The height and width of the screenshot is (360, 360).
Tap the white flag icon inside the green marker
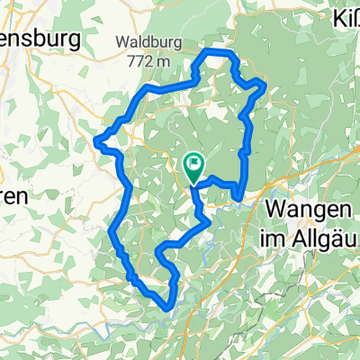(x=193, y=164)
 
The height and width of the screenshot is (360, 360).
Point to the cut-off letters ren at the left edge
(x=15, y=195)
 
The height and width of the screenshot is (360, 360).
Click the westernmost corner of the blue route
(x=96, y=139)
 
